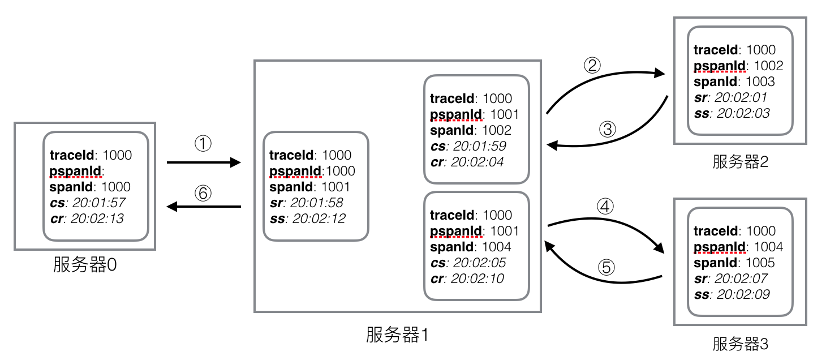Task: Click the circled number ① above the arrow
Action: pyautogui.click(x=203, y=144)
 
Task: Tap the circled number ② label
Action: pyautogui.click(x=592, y=66)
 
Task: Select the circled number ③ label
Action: pyautogui.click(x=606, y=130)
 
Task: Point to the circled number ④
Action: pyautogui.click(x=606, y=205)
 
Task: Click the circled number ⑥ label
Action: pyautogui.click(x=203, y=193)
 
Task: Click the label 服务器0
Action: pyautogui.click(x=85, y=264)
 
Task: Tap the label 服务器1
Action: pyautogui.click(x=397, y=335)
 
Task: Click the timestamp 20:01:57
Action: pyautogui.click(x=99, y=203)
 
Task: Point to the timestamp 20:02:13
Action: pyautogui.click(x=98, y=218)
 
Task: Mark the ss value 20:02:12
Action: pyautogui.click(x=318, y=218)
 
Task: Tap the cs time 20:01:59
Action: pyautogui.click(x=479, y=146)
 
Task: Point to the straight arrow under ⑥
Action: pyautogui.click(x=204, y=207)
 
